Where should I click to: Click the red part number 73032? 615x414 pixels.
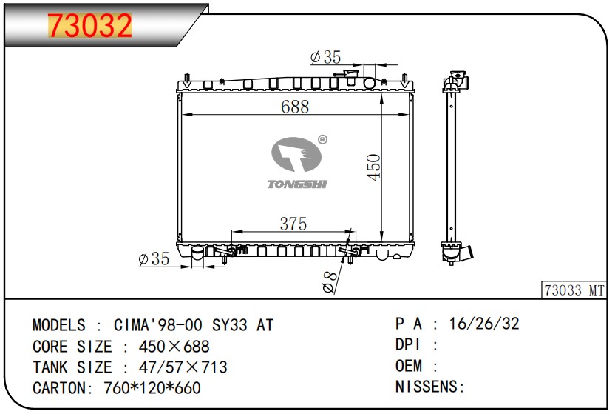[90, 25]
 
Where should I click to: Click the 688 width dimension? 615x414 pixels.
[295, 107]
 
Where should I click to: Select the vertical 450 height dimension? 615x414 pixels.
[374, 167]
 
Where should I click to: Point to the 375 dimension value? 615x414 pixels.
[293, 224]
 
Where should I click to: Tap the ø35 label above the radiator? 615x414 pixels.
[325, 57]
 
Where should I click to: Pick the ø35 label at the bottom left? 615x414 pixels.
[154, 259]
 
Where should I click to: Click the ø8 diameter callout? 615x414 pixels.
[330, 282]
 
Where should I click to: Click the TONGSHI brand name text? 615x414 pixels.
[297, 184]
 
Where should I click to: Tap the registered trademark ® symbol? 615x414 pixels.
[322, 139]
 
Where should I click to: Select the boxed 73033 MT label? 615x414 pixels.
[574, 290]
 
